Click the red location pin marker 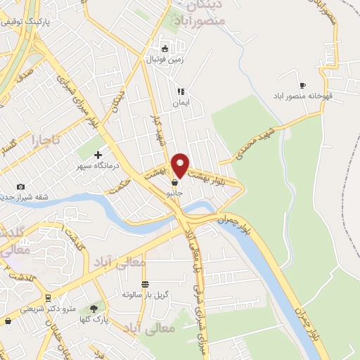coord(180,165)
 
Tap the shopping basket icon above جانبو coord(174,182)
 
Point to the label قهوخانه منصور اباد coord(316,96)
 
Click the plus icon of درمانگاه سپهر coord(98,155)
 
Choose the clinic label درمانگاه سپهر coord(98,166)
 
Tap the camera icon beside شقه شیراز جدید coord(20,186)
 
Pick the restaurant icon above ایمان coord(181,91)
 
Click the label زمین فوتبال coord(164,60)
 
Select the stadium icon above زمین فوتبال coord(165,49)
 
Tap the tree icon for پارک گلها coord(94,308)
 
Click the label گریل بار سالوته coord(146,294)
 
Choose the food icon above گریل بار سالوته coord(145,284)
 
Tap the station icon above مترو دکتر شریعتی coord(47,297)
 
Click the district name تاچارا coord(43,141)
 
